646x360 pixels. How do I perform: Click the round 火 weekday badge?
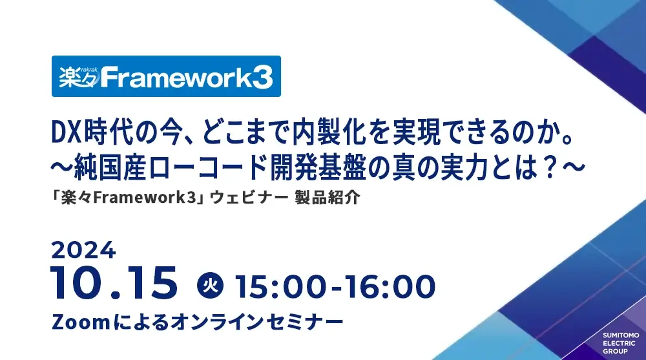click(209, 285)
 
